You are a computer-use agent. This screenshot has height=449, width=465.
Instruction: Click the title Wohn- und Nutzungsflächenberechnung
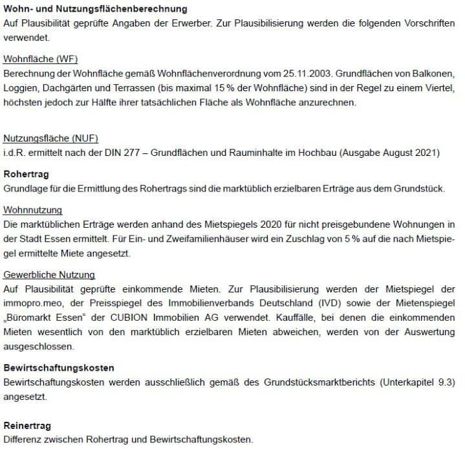pos(95,9)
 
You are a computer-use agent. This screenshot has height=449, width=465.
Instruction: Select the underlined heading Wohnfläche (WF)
pos(40,59)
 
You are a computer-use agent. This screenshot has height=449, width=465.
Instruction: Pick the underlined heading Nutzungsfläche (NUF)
pos(50,138)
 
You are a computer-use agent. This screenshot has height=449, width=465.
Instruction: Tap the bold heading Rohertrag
pos(26,175)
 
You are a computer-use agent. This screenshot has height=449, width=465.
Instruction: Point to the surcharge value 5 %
pos(294,239)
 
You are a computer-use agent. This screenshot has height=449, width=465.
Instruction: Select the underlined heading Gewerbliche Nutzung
pos(49,275)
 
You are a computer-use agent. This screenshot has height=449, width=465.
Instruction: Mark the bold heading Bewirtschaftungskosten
pos(59,368)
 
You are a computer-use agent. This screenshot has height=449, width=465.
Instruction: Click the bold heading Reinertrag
pos(27,426)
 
